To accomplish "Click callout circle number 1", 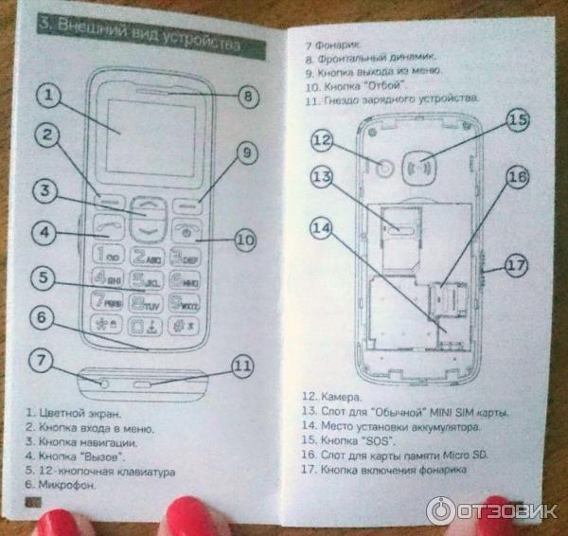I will [x=50, y=97].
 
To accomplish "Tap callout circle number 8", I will [x=247, y=96].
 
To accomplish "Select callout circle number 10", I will [x=244, y=241].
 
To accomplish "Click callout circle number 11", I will [x=243, y=365].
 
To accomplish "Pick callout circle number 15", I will [x=516, y=121].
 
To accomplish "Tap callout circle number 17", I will [x=514, y=266].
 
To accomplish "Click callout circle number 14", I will [x=323, y=227].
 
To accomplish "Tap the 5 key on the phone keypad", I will [x=148, y=280].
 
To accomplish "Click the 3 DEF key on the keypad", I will [x=185, y=256].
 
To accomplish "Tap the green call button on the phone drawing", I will [x=106, y=228].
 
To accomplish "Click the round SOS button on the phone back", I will [x=427, y=160].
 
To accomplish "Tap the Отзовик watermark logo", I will [x=492, y=510].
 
